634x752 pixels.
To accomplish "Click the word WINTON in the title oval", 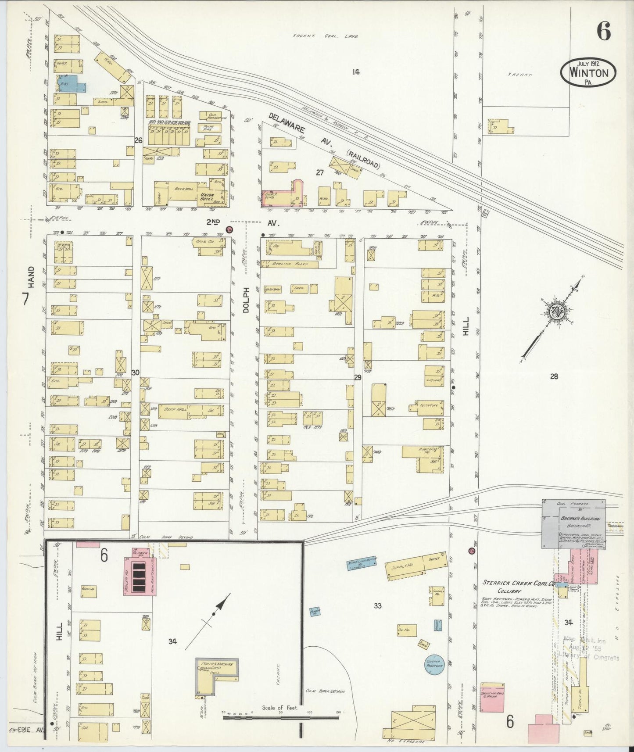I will coord(589,72).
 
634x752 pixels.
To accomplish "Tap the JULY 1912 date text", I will coord(588,63).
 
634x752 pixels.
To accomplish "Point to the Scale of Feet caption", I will coord(280,708).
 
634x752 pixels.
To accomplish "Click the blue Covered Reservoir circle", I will coord(434,664).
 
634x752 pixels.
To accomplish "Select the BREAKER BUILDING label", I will coord(580,519).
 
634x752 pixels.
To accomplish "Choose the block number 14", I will coord(355,72).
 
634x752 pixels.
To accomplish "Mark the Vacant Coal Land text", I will coord(326,36).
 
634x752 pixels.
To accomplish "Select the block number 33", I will coord(377,606).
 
